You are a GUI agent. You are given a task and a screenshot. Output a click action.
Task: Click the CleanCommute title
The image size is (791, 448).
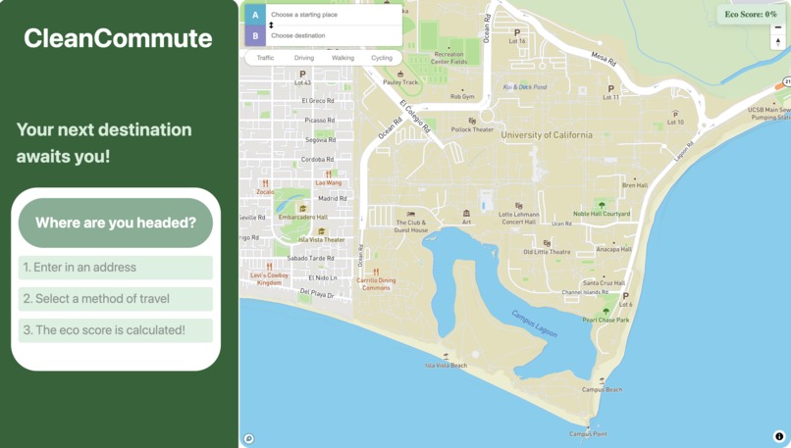pyautogui.click(x=118, y=38)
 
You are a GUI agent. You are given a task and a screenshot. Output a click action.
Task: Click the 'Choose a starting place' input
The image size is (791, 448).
pyautogui.click(x=333, y=15)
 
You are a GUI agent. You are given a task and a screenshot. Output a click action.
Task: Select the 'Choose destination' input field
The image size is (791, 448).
pyautogui.click(x=333, y=36)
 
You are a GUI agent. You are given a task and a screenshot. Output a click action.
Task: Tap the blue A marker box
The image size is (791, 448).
pyautogui.click(x=255, y=15)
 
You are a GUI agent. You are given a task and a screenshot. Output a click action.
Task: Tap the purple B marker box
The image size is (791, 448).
pyautogui.click(x=255, y=36)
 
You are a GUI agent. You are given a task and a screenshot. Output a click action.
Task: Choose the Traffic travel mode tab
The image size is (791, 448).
pyautogui.click(x=265, y=58)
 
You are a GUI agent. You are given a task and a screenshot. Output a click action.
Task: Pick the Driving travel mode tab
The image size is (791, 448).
pyautogui.click(x=304, y=58)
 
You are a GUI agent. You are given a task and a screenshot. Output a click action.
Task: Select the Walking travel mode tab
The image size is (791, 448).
pyautogui.click(x=343, y=58)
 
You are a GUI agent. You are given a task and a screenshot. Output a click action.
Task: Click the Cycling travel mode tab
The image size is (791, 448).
pyautogui.click(x=382, y=58)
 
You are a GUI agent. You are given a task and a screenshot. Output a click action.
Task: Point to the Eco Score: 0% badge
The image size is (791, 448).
pyautogui.click(x=751, y=14)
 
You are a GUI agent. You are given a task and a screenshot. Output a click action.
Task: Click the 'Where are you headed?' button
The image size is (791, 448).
pyautogui.click(x=116, y=223)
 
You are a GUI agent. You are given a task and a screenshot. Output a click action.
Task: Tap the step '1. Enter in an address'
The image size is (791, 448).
pyautogui.click(x=116, y=268)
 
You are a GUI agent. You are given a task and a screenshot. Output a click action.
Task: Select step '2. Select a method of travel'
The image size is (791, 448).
pyautogui.click(x=116, y=299)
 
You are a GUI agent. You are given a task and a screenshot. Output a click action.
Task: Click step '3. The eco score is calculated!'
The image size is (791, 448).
pyautogui.click(x=116, y=330)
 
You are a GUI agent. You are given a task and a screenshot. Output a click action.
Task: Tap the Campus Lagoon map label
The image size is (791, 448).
pyautogui.click(x=534, y=324)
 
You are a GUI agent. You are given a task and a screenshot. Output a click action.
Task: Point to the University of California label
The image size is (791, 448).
pyautogui.click(x=547, y=135)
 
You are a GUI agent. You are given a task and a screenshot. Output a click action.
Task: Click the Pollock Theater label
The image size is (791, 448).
pyautogui.click(x=472, y=129)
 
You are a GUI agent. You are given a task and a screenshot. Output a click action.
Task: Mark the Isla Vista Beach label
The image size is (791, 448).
pyautogui.click(x=446, y=366)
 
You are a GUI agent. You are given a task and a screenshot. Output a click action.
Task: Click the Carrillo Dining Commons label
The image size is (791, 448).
pyautogui.click(x=376, y=283)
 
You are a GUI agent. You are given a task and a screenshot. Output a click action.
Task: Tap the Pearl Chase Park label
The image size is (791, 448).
pyautogui.click(x=606, y=320)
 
